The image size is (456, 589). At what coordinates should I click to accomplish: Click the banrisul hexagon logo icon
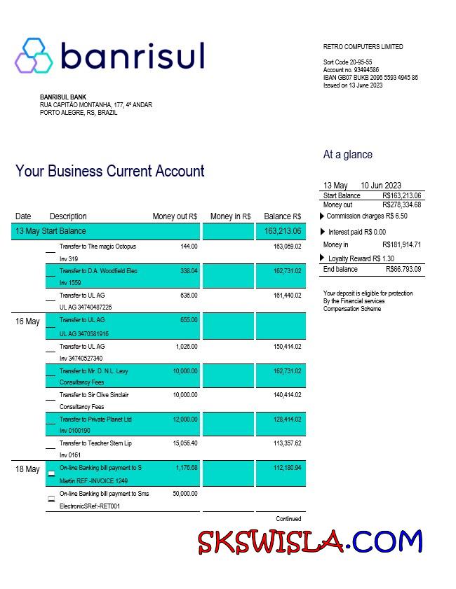[x=33, y=55]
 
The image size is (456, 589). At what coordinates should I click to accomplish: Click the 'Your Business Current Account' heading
[x=110, y=172]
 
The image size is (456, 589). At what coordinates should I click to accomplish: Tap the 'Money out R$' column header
[x=175, y=216]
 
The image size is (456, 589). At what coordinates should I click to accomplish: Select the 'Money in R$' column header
[x=230, y=216]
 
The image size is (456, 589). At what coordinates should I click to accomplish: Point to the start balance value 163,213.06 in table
[x=283, y=231]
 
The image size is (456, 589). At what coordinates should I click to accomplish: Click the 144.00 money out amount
[x=189, y=247]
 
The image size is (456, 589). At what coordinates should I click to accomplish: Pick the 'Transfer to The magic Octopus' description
[x=98, y=247]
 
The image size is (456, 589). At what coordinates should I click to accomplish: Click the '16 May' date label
[x=27, y=321]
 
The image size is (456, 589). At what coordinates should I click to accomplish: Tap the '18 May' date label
[x=27, y=469]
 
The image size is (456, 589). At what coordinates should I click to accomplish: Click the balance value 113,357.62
[x=287, y=443]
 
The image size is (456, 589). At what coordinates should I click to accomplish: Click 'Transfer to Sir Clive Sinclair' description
[x=94, y=395]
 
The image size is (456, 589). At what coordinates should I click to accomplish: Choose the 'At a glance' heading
[x=347, y=155]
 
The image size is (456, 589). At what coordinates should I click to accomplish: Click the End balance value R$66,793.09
[x=403, y=270]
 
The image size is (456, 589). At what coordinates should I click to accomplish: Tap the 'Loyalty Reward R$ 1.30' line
[x=361, y=258]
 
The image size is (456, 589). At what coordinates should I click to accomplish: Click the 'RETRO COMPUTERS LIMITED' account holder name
[x=363, y=47]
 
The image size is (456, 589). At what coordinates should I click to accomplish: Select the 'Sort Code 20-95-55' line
[x=347, y=62]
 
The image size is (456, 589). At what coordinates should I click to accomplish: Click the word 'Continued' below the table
[x=288, y=519]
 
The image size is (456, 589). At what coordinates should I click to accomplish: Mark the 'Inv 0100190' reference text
[x=75, y=431]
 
